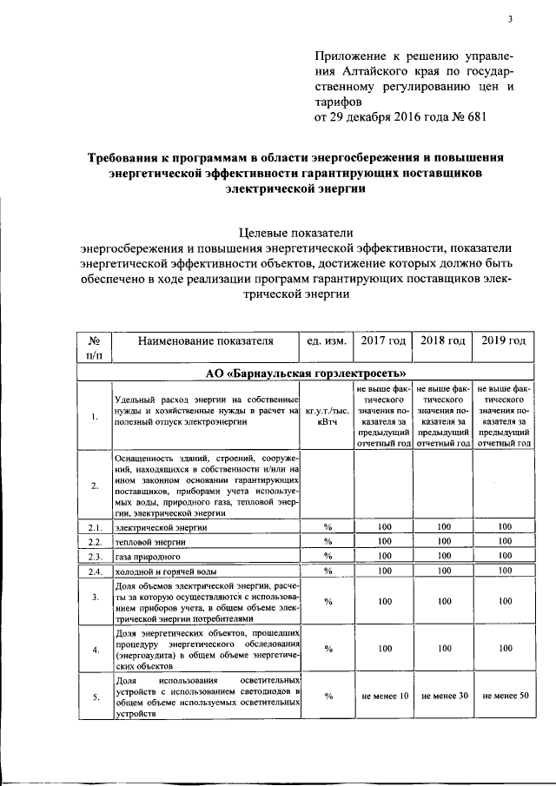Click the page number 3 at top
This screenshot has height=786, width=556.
tap(511, 20)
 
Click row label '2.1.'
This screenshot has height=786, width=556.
tap(94, 526)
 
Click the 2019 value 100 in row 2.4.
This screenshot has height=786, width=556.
tap(504, 571)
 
